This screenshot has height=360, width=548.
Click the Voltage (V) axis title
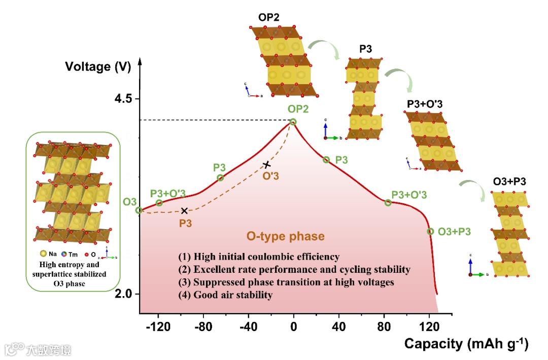click(x=95, y=66)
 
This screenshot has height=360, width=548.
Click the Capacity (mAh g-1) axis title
click(x=466, y=344)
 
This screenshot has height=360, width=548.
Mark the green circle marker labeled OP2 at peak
click(x=293, y=122)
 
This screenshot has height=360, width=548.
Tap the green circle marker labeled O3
click(x=138, y=210)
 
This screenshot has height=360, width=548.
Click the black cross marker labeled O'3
click(x=267, y=164)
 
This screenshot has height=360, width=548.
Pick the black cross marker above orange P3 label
click(x=184, y=210)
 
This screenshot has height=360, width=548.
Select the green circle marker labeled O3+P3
click(x=430, y=231)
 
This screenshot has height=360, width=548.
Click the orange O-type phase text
click(x=285, y=236)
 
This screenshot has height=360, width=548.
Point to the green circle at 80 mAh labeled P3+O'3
click(x=388, y=202)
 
